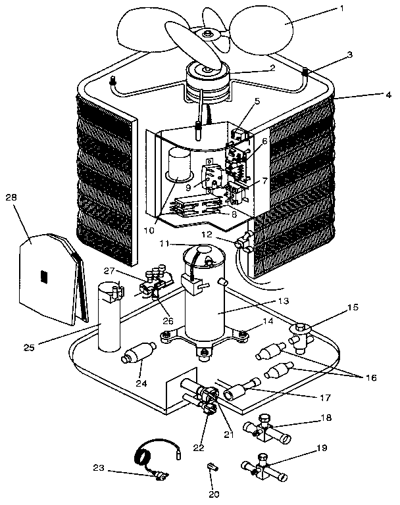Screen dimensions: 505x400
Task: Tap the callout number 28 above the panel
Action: click(x=11, y=197)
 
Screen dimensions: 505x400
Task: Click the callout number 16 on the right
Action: click(x=373, y=379)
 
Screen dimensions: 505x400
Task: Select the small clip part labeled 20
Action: click(x=211, y=468)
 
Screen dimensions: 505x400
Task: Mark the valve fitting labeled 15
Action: click(x=302, y=334)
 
